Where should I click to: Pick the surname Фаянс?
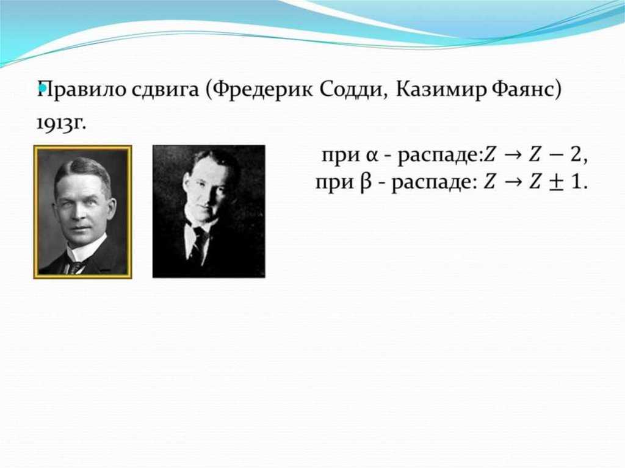523,90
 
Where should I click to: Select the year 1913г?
61,123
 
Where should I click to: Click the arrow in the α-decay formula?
512,155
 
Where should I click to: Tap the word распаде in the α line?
440,156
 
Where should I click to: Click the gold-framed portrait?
82,212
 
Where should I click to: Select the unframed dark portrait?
209,211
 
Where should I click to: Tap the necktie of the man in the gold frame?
76,267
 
